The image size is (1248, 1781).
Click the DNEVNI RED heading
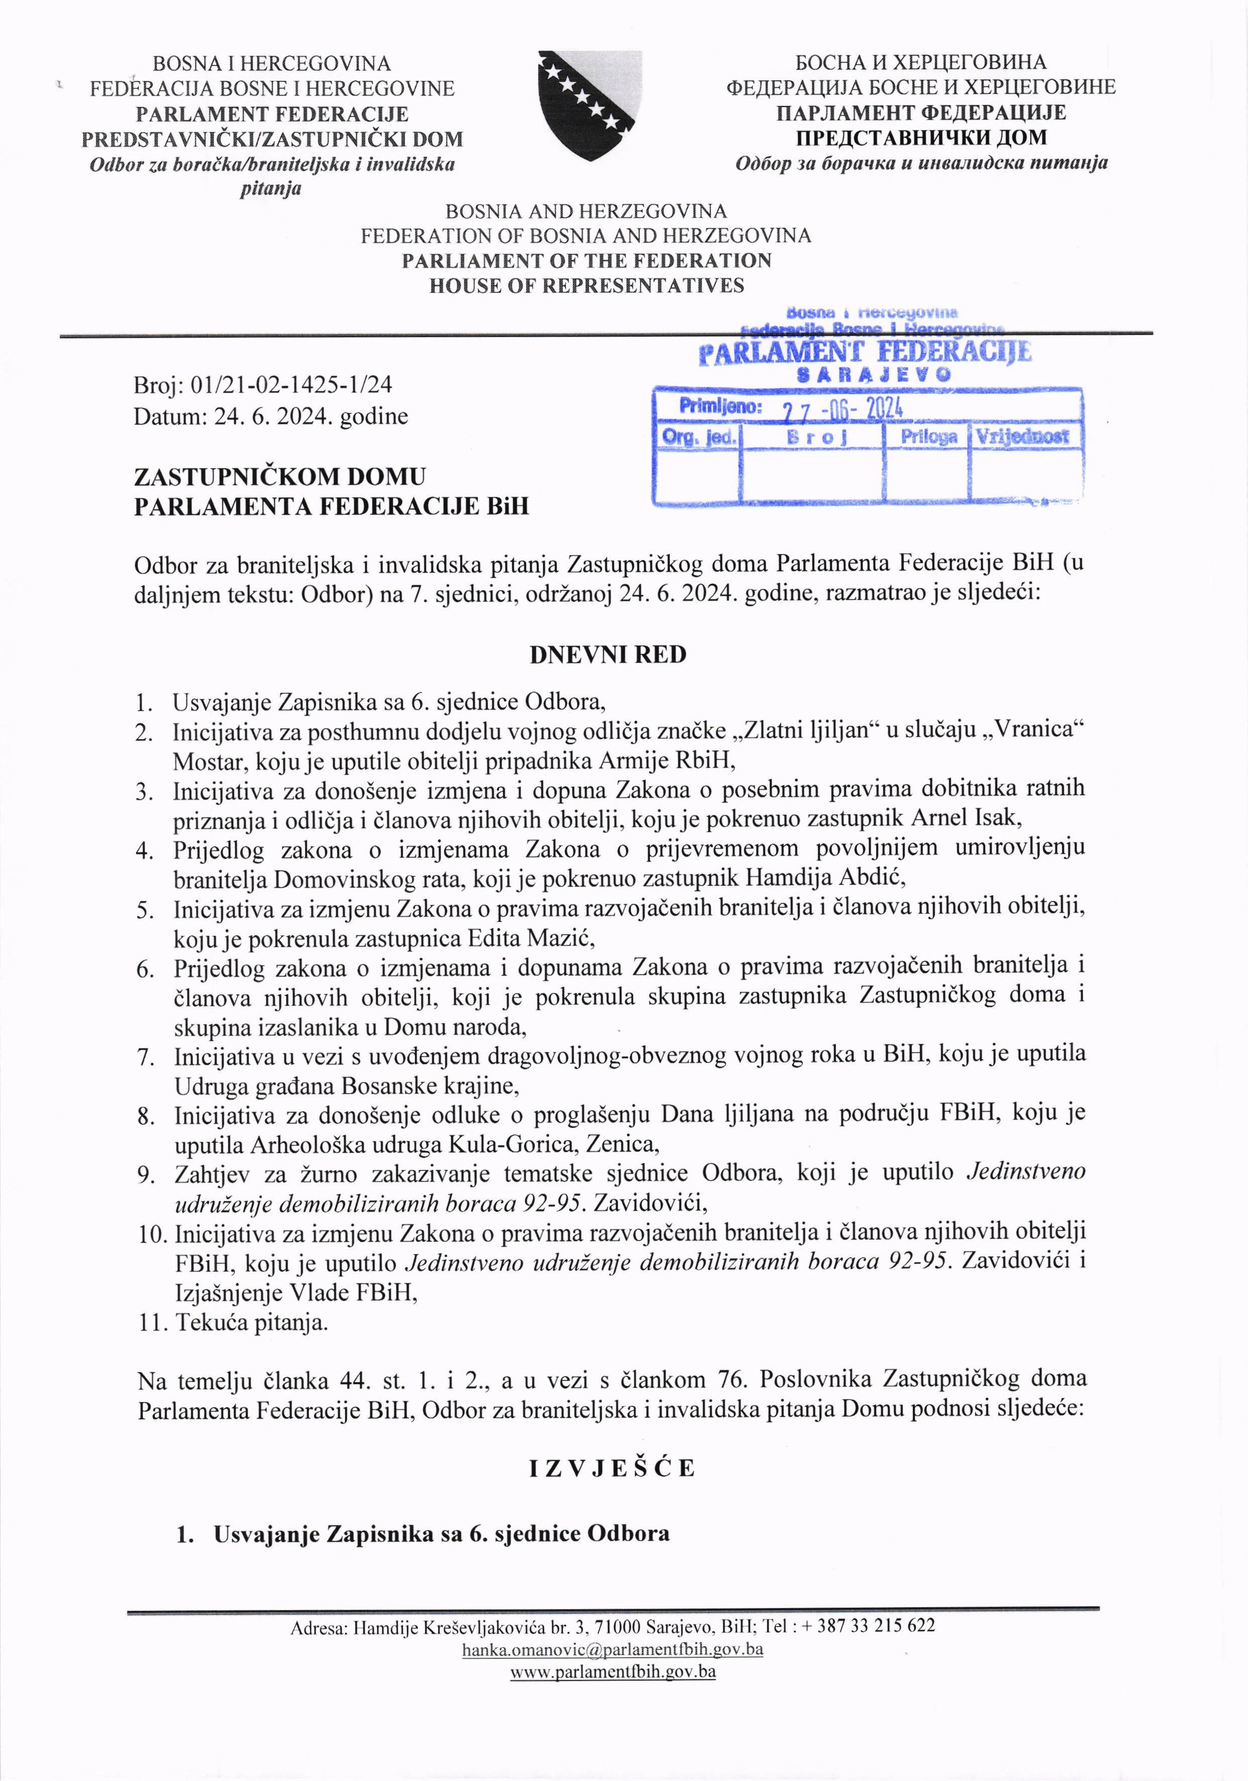(x=608, y=655)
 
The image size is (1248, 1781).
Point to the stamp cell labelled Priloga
(x=927, y=437)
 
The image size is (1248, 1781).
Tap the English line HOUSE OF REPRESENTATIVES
(x=586, y=285)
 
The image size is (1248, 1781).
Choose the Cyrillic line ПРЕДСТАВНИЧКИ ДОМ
(x=921, y=137)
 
